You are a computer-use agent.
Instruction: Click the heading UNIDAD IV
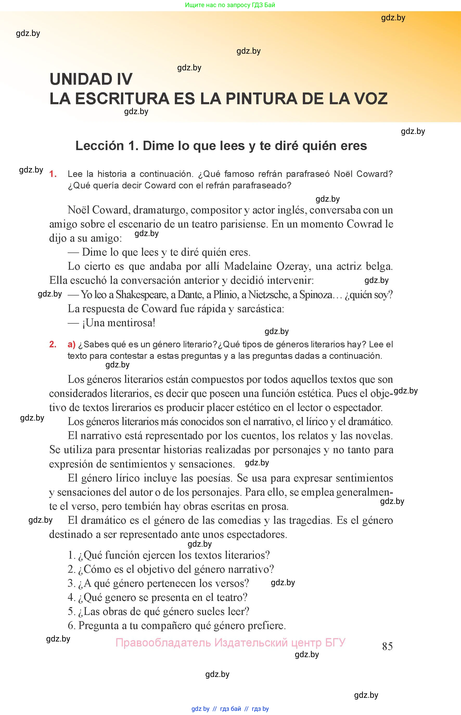click(91, 79)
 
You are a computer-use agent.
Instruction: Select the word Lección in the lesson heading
click(99, 146)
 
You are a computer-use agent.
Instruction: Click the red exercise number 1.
click(53, 174)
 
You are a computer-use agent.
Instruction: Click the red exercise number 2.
click(53, 344)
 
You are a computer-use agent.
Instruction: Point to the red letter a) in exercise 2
click(72, 344)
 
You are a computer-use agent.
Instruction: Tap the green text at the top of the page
click(230, 5)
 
